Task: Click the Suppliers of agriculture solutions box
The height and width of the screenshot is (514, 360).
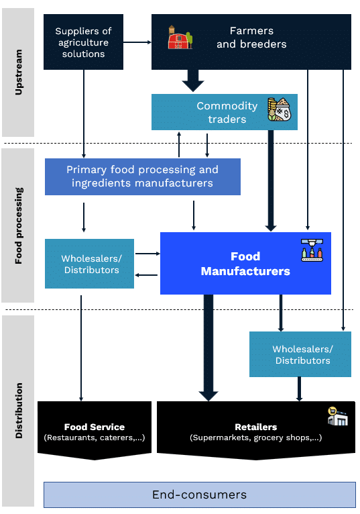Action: click(x=84, y=42)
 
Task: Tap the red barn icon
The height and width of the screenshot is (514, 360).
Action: click(x=180, y=38)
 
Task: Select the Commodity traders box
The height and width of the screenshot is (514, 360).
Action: click(x=225, y=112)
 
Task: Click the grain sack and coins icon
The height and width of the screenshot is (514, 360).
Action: click(x=279, y=109)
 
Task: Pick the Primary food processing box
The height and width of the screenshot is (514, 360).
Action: click(x=143, y=176)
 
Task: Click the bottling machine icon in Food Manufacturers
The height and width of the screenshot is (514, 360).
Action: click(x=312, y=250)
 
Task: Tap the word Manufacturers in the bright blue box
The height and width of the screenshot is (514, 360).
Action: click(x=245, y=271)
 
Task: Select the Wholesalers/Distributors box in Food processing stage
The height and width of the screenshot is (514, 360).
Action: click(x=89, y=264)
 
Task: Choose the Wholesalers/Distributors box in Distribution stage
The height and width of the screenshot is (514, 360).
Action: click(x=300, y=354)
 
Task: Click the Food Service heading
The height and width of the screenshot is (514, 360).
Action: click(x=95, y=427)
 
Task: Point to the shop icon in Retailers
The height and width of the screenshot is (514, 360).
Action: click(x=337, y=416)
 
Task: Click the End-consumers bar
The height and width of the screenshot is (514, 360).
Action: click(x=200, y=495)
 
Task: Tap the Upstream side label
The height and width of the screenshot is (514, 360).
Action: click(x=19, y=72)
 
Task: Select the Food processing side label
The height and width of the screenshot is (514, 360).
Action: click(x=19, y=225)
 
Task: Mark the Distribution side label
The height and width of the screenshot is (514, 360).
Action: click(x=19, y=411)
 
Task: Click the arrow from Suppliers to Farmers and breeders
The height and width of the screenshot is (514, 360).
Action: click(x=137, y=42)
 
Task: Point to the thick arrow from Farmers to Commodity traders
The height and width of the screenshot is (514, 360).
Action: click(x=193, y=81)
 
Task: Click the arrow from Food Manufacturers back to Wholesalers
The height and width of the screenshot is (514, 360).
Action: click(x=146, y=275)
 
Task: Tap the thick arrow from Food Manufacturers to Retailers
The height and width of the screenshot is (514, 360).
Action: click(x=208, y=348)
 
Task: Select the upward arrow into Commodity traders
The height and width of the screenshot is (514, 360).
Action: click(x=179, y=144)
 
